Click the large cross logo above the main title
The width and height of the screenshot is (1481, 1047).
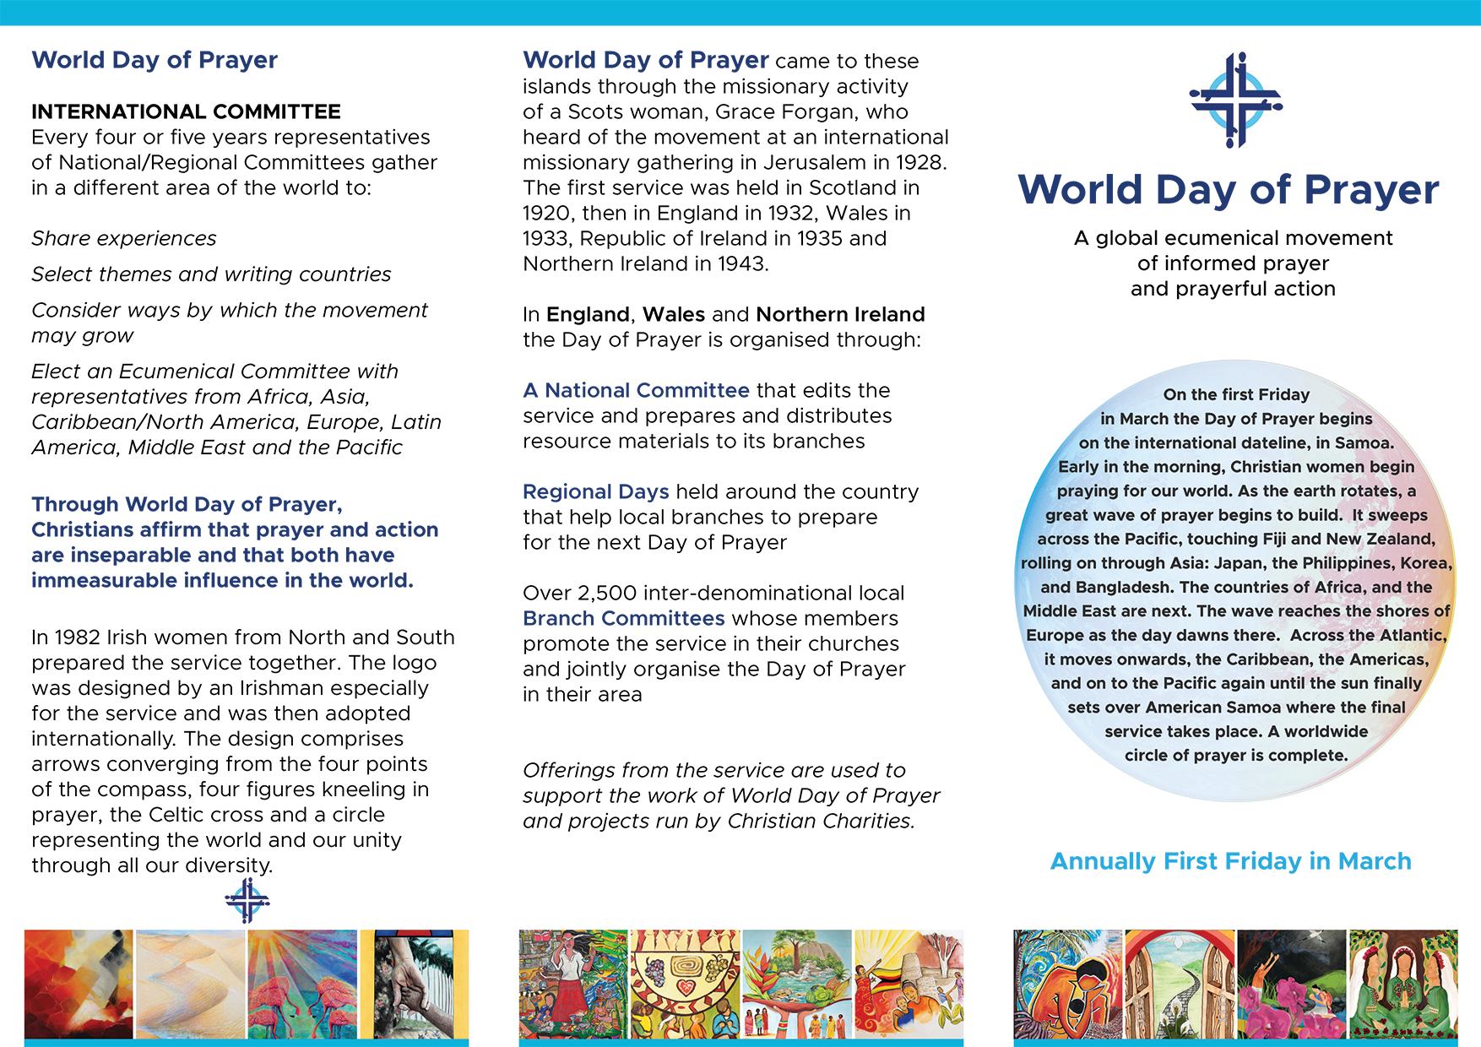(1234, 100)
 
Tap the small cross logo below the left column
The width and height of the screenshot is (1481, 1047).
(247, 901)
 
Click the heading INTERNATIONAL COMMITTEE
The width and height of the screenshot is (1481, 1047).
(186, 111)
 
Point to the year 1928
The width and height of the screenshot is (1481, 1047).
(919, 162)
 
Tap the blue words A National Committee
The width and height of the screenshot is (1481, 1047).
(636, 390)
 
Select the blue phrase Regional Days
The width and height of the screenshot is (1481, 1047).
(595, 491)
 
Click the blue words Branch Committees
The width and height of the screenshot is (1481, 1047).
(623, 618)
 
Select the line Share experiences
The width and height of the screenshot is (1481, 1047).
(124, 238)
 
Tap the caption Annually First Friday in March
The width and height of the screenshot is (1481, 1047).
(1230, 861)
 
